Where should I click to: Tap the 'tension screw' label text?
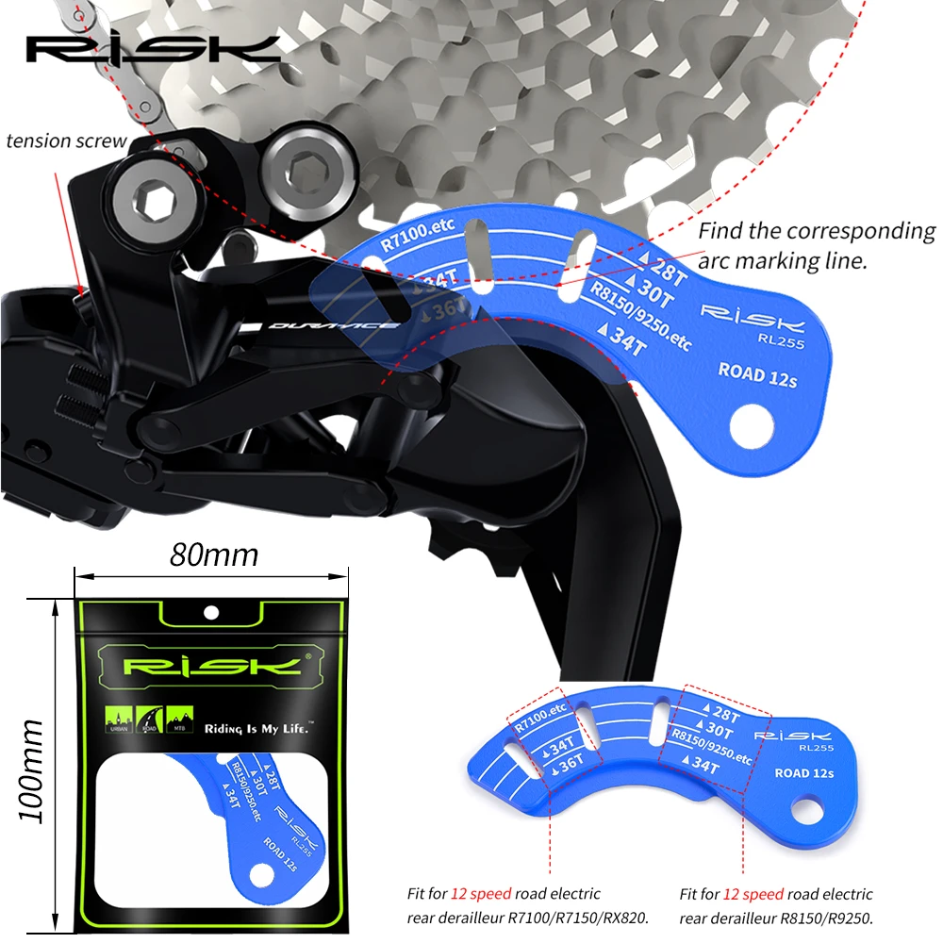[x=65, y=141]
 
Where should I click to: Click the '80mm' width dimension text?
[x=213, y=554]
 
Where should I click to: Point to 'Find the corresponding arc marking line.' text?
[x=816, y=245]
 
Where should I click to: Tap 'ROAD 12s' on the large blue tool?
[x=756, y=373]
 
